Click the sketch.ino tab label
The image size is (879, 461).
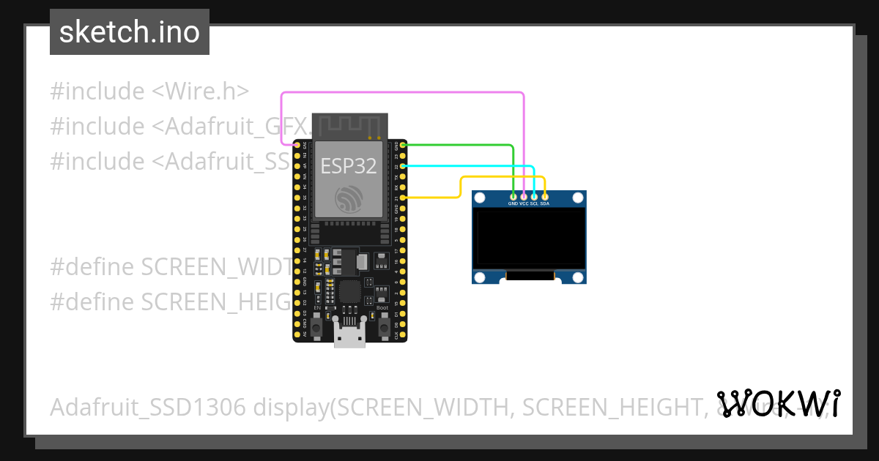[130, 32]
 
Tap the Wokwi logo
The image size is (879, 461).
[778, 403]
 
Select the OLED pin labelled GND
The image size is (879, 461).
[513, 196]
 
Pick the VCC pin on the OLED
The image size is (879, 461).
[524, 196]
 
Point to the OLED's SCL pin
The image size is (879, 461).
[534, 196]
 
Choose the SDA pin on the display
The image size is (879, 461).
[544, 196]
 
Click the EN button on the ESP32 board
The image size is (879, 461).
[317, 328]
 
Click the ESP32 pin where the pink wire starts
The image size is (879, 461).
[297, 146]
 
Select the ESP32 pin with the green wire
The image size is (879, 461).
[403, 146]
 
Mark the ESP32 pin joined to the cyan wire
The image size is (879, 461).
[403, 166]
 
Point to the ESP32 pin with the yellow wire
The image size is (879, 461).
[403, 198]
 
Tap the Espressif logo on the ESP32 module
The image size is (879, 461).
[349, 200]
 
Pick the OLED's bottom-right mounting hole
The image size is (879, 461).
[579, 277]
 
